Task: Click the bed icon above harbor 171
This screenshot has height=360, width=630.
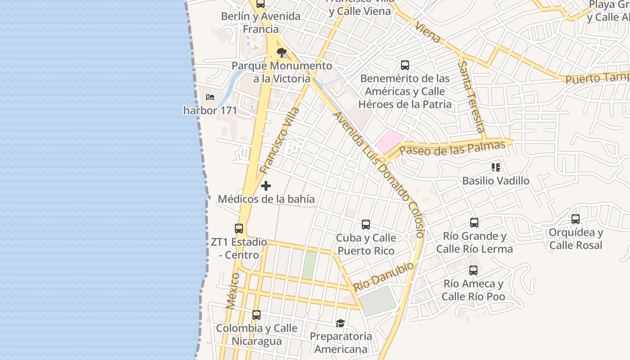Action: pos(210,97)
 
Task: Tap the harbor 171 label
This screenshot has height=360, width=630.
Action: pos(210,110)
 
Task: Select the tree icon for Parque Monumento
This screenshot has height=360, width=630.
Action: pos(282,52)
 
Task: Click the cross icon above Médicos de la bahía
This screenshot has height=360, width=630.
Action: pos(266,185)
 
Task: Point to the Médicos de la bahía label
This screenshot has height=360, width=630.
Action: pos(266,199)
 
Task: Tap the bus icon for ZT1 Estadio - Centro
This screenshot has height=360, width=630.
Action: pos(239,229)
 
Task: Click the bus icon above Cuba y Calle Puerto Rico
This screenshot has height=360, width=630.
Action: pos(366,224)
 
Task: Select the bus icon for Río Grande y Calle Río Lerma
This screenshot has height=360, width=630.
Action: pos(474,222)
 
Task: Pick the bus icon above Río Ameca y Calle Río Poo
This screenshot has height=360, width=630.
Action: pos(473,270)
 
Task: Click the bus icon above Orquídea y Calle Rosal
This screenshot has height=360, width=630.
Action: pos(576,219)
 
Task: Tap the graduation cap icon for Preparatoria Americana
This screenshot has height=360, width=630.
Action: pos(341,323)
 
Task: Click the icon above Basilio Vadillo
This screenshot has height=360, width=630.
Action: pos(496,167)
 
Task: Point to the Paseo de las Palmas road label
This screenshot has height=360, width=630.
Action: pos(452,148)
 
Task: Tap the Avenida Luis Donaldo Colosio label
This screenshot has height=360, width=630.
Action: pos(378,174)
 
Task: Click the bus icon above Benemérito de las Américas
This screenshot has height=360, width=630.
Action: pos(405,65)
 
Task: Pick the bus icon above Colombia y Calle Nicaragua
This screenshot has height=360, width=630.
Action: pos(256,315)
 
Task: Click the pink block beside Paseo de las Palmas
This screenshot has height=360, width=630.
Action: pos(390,141)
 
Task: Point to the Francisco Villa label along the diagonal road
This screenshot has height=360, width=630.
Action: pos(280,140)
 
